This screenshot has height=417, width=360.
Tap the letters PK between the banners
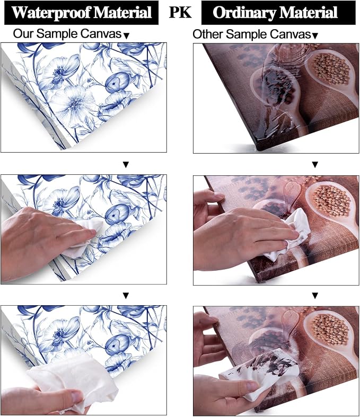pos(180,12)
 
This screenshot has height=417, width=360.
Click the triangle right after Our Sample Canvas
pos(127,36)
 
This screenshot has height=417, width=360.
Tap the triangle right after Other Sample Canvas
pos(315,36)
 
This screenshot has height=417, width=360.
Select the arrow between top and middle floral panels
pos(126,165)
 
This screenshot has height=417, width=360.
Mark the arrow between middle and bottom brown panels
pos(315,296)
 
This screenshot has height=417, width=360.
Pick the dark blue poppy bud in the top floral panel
pos(117,82)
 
